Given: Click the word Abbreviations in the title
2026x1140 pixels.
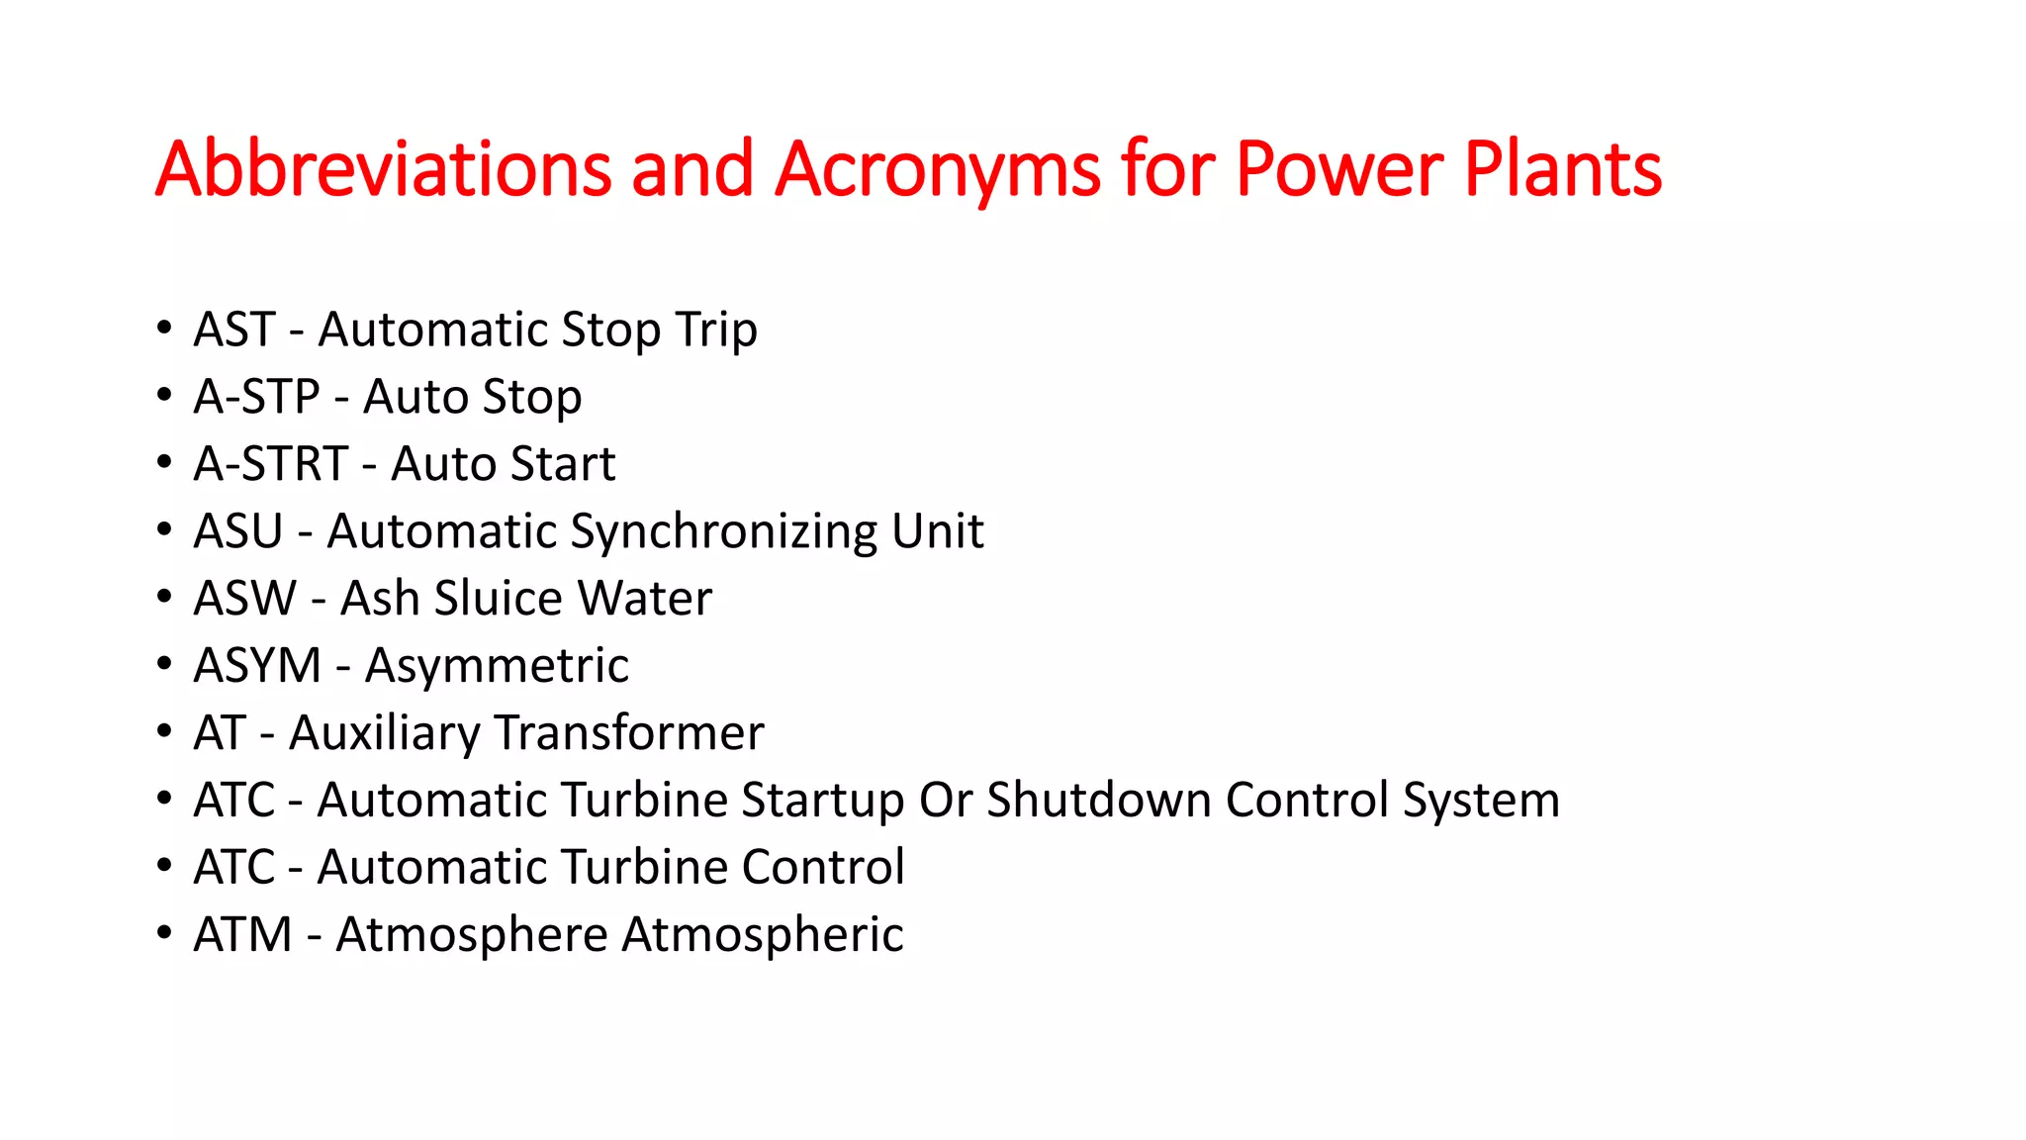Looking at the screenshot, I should click(x=384, y=168).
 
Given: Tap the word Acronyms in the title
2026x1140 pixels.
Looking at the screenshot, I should click(x=937, y=168).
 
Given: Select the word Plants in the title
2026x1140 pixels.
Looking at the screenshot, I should click(x=1562, y=168).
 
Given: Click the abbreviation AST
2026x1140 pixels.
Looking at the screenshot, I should click(x=233, y=330).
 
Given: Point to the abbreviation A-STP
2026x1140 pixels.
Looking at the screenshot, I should click(x=256, y=397).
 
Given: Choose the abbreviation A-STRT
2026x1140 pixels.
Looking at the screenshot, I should click(x=270, y=464).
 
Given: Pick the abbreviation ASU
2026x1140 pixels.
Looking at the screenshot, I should click(x=237, y=531).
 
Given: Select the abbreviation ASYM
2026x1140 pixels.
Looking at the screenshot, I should click(x=257, y=666).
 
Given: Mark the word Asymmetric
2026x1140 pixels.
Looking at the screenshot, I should click(x=497, y=666).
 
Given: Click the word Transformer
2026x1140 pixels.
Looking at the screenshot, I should click(x=629, y=733).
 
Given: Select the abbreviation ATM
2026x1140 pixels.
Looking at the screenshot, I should click(x=242, y=935).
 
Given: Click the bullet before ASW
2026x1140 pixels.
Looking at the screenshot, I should click(x=164, y=597).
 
